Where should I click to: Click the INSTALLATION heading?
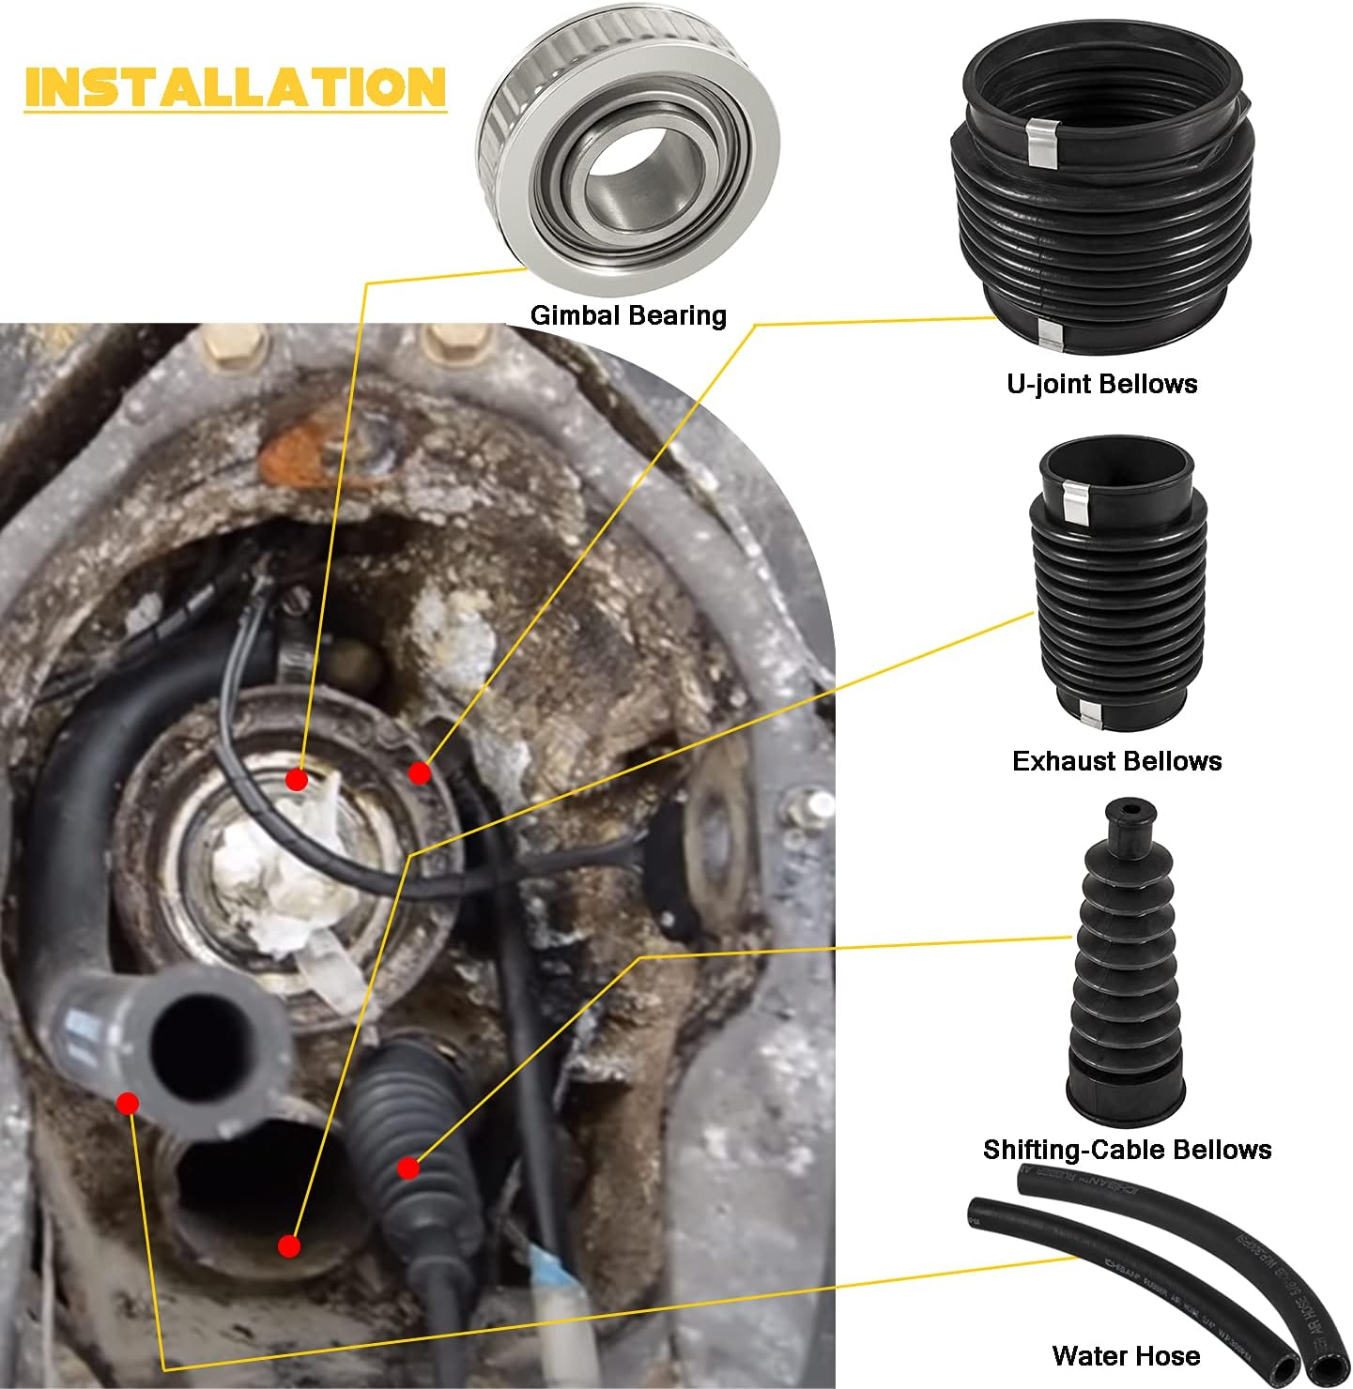tap(235, 87)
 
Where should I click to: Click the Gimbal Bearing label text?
tap(628, 315)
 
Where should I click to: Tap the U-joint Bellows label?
tap(1101, 384)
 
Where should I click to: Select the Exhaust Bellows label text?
tap(1116, 761)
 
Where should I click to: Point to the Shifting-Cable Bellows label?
tap(1127, 1150)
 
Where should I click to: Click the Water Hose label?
tap(1126, 1355)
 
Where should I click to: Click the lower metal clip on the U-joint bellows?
tap(1050, 332)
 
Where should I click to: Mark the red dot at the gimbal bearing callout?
tap(297, 779)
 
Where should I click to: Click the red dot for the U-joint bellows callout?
tap(419, 772)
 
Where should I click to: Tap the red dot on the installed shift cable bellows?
tap(407, 1168)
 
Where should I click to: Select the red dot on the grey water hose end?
tap(128, 1103)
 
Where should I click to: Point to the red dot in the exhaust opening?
tap(289, 1245)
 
